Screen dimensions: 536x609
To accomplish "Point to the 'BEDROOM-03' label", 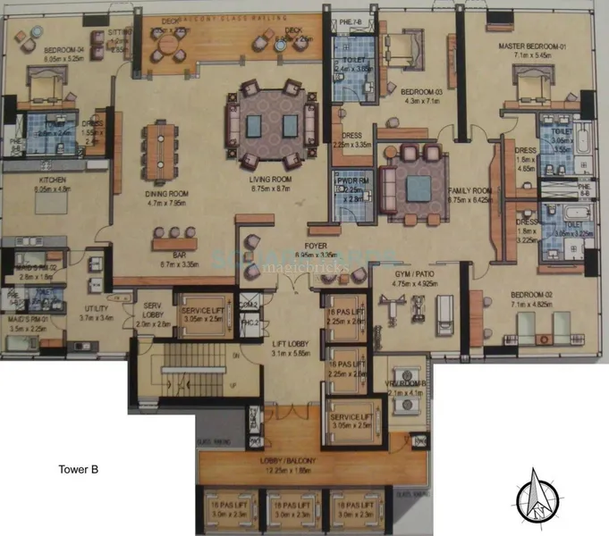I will point(418,92).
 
